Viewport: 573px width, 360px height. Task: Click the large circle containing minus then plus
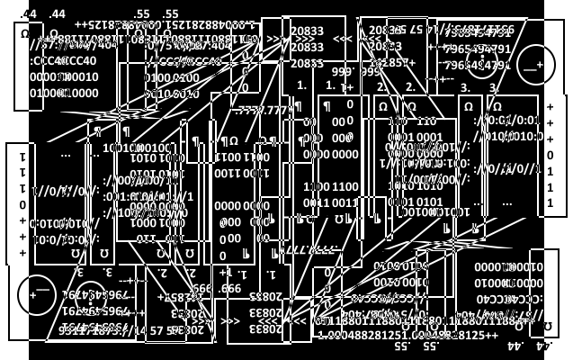(x=535, y=64)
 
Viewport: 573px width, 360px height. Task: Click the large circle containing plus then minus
(x=37, y=295)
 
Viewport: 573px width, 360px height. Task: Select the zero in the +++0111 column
(x=551, y=154)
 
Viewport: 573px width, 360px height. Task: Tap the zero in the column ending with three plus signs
(x=23, y=204)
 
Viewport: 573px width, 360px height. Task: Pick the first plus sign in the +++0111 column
(x=551, y=105)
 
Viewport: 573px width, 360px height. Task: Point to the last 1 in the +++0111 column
(x=551, y=202)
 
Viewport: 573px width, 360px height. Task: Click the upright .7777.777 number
(x=264, y=110)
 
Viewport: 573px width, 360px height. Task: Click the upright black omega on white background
(x=24, y=34)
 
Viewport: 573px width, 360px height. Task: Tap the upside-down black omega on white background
(x=548, y=326)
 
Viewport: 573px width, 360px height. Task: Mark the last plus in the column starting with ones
(x=23, y=253)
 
